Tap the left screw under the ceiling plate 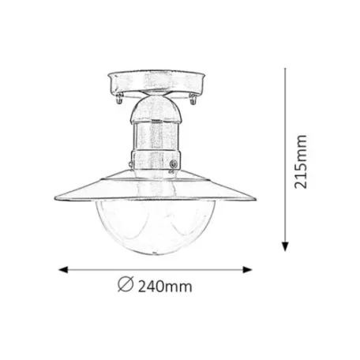tap(118, 99)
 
